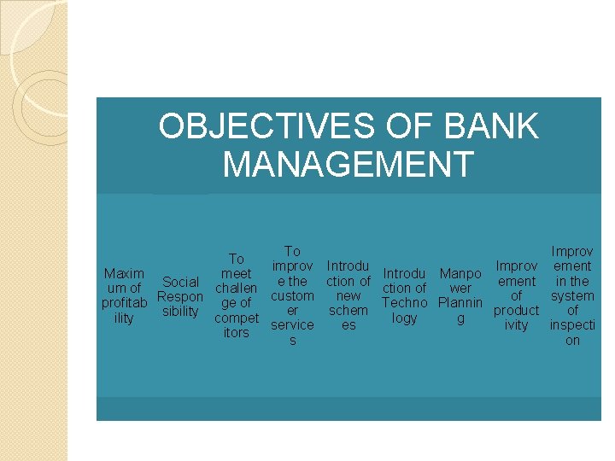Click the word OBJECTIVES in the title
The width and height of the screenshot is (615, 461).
pyautogui.click(x=263, y=127)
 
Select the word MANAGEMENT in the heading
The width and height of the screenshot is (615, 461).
pyautogui.click(x=348, y=164)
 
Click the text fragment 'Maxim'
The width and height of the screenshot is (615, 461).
pyautogui.click(x=124, y=274)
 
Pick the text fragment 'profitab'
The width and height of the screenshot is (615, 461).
pyautogui.click(x=124, y=303)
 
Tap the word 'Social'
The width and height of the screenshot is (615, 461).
pyautogui.click(x=180, y=282)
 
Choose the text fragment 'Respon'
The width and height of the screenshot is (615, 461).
pyautogui.click(x=180, y=296)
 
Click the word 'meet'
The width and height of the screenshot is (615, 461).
pyautogui.click(x=236, y=274)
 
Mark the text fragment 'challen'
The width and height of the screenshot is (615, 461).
pyautogui.click(x=236, y=289)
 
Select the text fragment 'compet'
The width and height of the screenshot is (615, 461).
pyautogui.click(x=236, y=318)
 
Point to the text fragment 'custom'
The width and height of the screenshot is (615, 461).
pyautogui.click(x=292, y=295)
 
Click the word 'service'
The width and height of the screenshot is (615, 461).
pyautogui.click(x=292, y=324)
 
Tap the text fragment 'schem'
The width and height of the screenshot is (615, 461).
pyautogui.click(x=348, y=310)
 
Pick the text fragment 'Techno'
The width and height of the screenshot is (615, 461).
pyautogui.click(x=404, y=303)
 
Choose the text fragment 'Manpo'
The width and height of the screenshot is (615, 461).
pyautogui.click(x=460, y=274)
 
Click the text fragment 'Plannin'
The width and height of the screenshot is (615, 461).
pyautogui.click(x=460, y=303)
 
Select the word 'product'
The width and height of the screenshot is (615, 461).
pyautogui.click(x=516, y=310)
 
